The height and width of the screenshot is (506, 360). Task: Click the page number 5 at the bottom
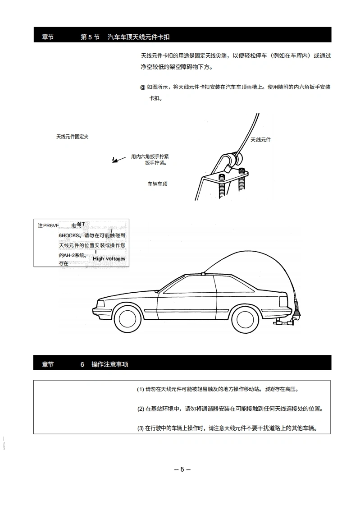[x=182, y=469]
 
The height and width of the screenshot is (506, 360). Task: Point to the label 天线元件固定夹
[x=72, y=137]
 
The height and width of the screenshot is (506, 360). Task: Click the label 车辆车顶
[x=158, y=184]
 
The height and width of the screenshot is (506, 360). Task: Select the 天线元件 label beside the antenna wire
[x=260, y=140]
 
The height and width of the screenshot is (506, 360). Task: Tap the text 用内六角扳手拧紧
[x=150, y=156]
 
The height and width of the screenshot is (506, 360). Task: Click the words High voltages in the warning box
[x=109, y=259]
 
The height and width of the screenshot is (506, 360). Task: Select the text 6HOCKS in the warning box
[x=69, y=235]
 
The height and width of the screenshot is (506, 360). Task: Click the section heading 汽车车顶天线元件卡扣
[x=141, y=37]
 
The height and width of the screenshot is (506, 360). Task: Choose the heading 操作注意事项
[x=109, y=364]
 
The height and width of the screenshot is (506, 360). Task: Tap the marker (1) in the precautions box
[x=140, y=389]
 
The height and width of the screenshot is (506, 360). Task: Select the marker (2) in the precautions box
[x=141, y=409]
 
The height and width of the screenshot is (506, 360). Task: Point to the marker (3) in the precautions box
[x=141, y=428]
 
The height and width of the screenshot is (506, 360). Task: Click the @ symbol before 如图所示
[x=142, y=87]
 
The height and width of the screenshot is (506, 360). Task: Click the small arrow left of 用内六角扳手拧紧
[x=115, y=159]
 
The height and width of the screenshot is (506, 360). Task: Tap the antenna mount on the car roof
[x=204, y=273]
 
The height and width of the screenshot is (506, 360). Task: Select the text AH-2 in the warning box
[x=67, y=255]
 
